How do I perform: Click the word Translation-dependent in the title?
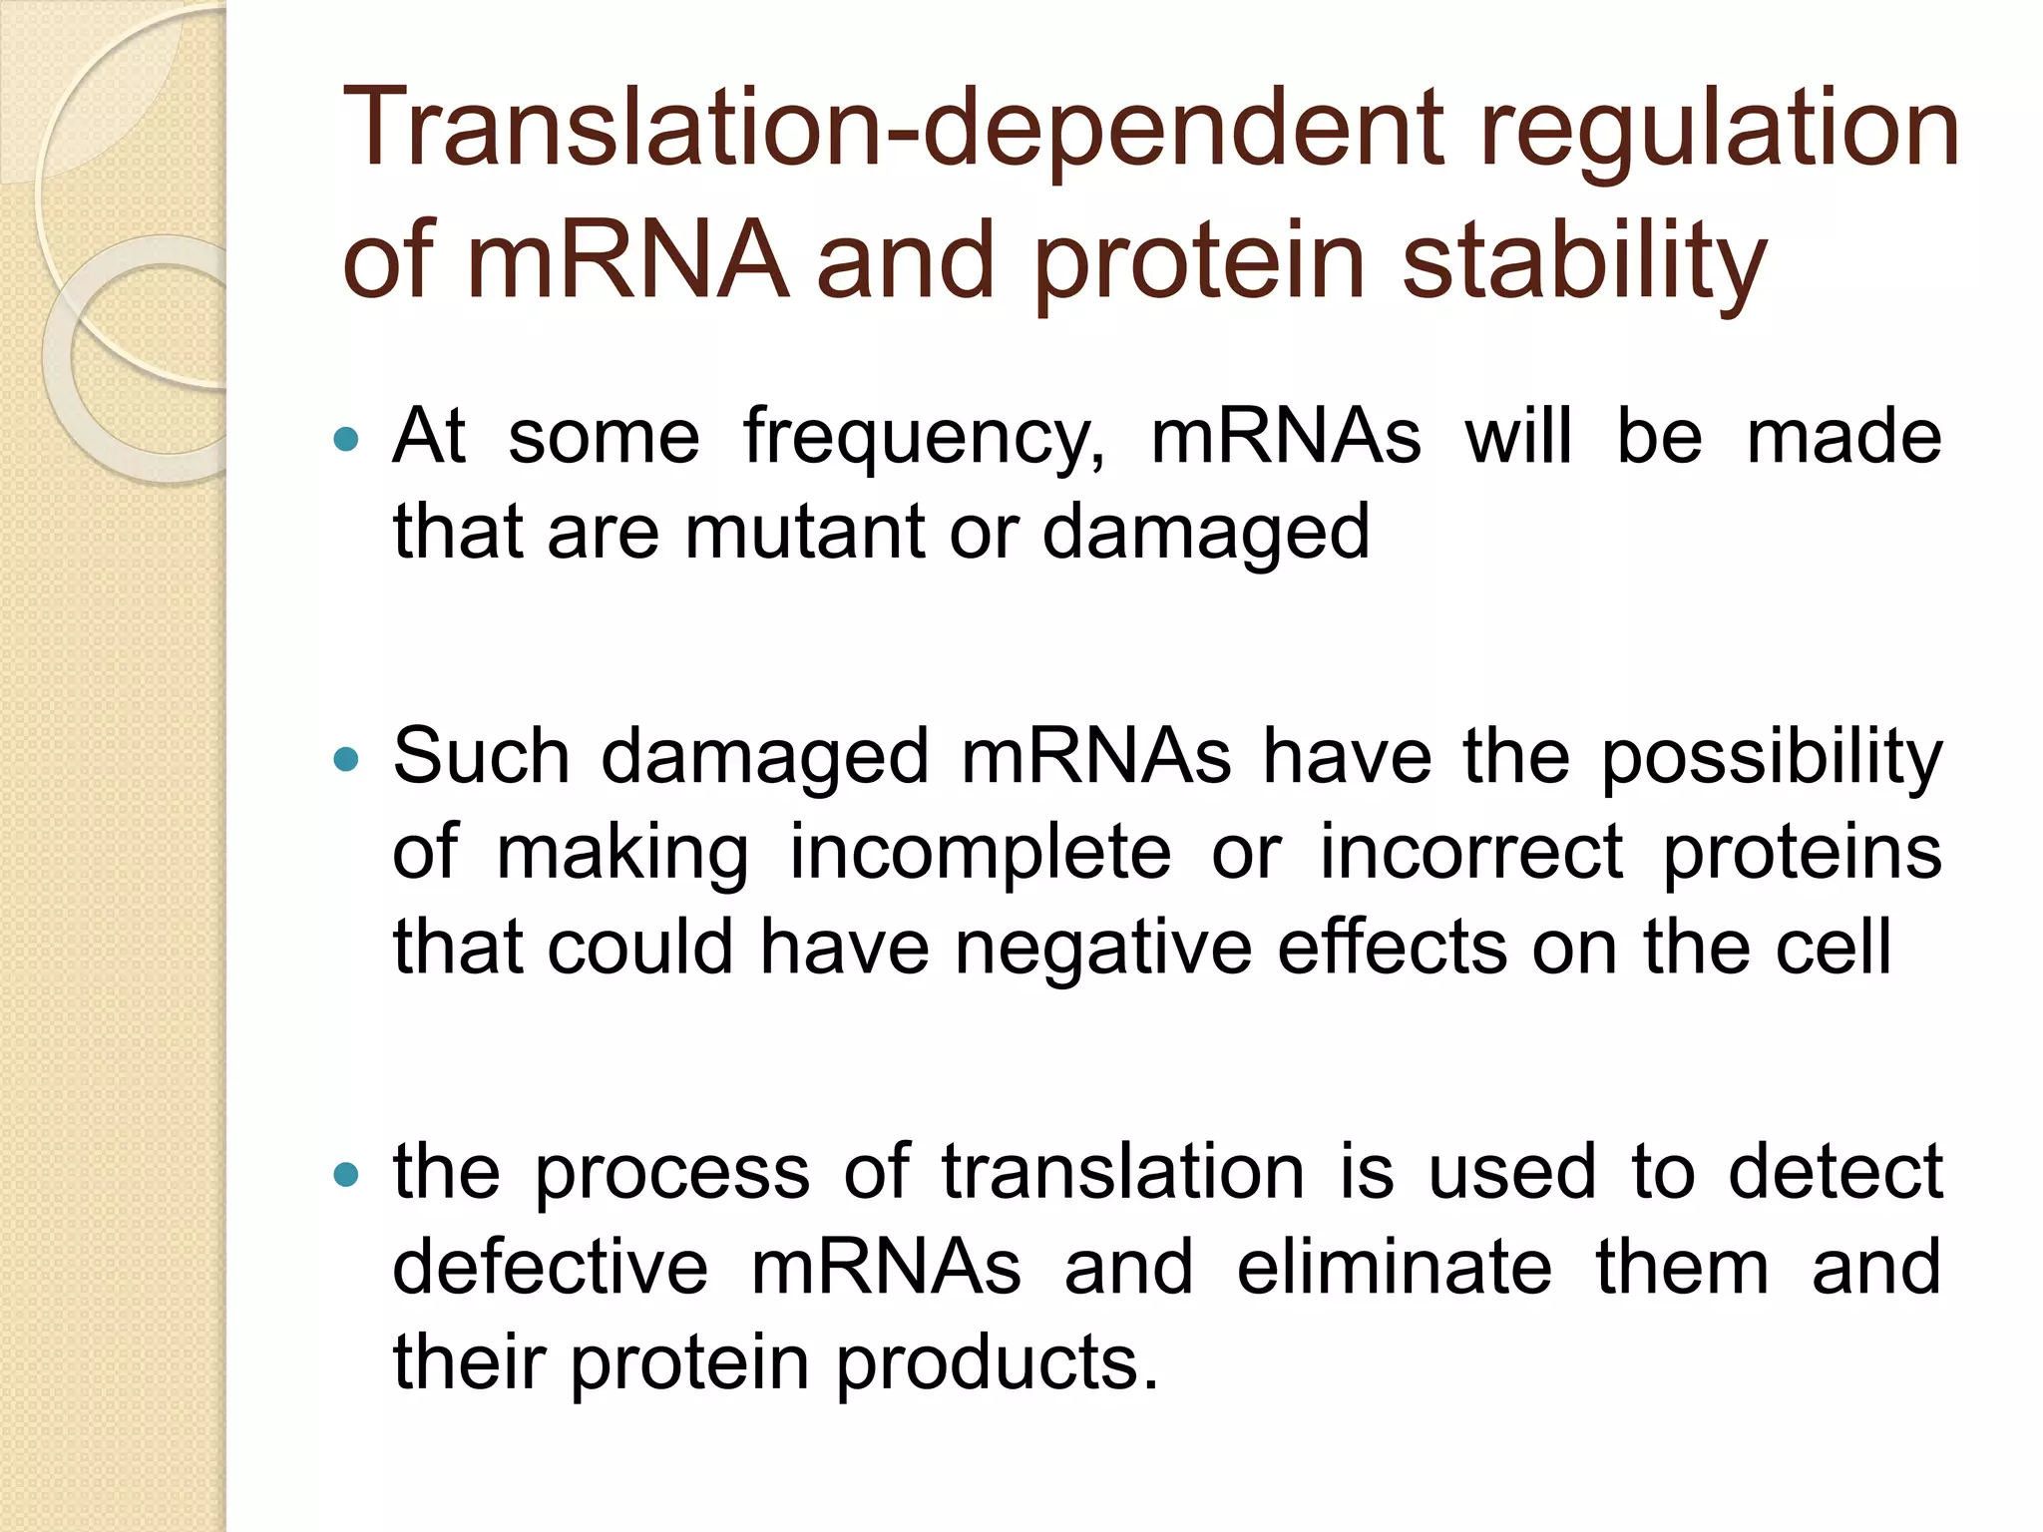pos(893,130)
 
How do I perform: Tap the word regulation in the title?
pos(1719,130)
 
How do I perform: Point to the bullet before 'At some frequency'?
pos(346,438)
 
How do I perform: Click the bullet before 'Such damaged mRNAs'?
pos(346,759)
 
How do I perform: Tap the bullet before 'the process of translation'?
pos(346,1174)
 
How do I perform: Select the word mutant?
pos(804,532)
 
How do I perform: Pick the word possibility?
pos(1772,758)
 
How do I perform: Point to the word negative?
pos(1103,948)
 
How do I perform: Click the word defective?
pos(550,1267)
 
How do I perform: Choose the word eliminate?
pos(1394,1267)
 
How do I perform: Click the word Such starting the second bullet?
pos(481,757)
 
